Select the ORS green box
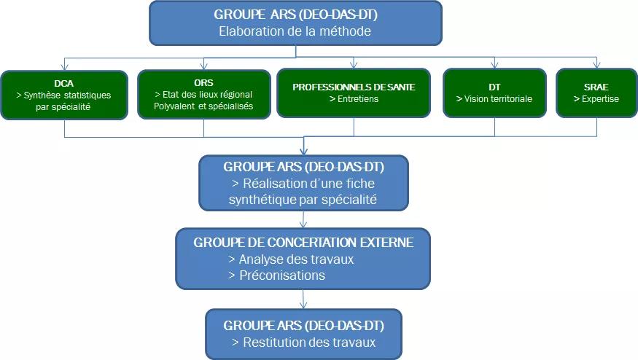click(203, 94)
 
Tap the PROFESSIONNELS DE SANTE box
click(354, 93)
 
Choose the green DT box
click(494, 93)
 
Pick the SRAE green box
click(596, 93)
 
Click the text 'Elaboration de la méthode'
click(295, 31)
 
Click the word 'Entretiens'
click(354, 99)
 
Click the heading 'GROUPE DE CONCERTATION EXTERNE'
click(303, 242)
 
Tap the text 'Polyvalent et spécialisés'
click(203, 106)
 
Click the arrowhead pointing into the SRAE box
click(596, 66)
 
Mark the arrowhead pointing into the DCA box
click(64, 66)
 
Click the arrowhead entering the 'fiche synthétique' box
click(303, 151)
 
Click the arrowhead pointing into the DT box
click(495, 66)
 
